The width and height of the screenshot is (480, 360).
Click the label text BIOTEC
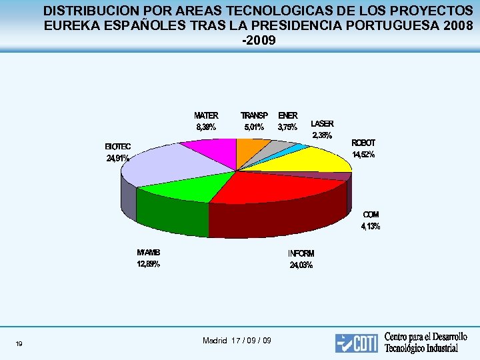coord(118,147)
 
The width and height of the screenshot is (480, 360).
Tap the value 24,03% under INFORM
coord(301,265)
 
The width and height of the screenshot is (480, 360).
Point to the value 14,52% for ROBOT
coord(364,155)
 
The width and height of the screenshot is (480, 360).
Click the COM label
coord(371,215)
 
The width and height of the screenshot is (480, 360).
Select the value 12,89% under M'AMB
coord(148,264)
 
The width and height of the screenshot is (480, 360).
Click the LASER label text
coord(322,124)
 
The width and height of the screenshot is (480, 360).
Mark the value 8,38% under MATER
coord(205,127)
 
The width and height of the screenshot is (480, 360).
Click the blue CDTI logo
coord(357,343)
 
